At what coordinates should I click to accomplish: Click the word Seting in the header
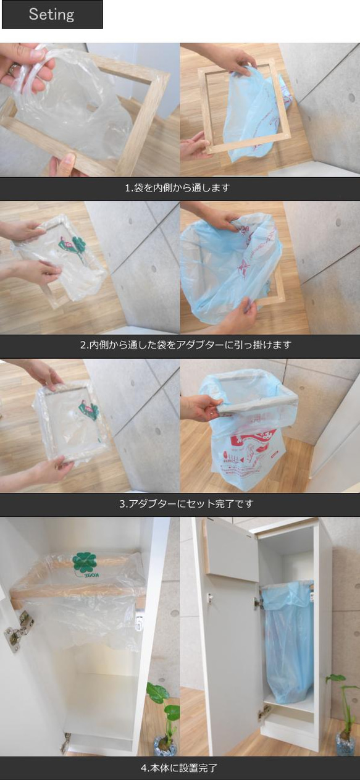click(x=51, y=14)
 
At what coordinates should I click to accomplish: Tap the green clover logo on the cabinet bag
click(x=85, y=561)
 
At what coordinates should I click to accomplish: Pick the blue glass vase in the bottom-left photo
click(x=164, y=745)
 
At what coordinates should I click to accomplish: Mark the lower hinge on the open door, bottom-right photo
click(x=264, y=712)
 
